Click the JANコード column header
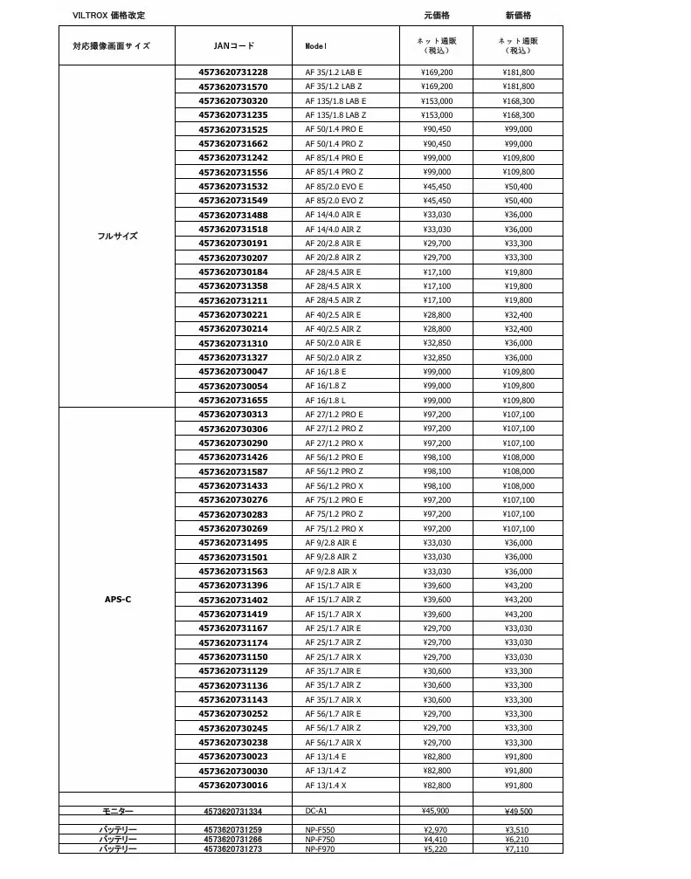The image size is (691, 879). [x=233, y=46]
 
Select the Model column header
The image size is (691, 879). [x=315, y=46]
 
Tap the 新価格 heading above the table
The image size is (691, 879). [x=518, y=16]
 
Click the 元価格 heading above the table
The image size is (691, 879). [x=436, y=16]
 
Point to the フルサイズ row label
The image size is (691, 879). [x=117, y=236]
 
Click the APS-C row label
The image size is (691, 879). [x=117, y=600]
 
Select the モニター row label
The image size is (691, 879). [x=117, y=812]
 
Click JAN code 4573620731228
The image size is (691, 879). [x=233, y=72]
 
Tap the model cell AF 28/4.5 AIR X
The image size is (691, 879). [x=333, y=286]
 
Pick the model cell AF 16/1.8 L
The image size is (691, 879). [x=326, y=401]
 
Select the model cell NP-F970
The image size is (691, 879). [x=320, y=848]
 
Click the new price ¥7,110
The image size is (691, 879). [x=518, y=848]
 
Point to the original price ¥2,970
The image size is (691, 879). [x=436, y=829]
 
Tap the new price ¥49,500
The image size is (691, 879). [x=518, y=812]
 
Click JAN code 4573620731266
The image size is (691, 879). [x=233, y=839]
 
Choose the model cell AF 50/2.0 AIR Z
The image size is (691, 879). [x=333, y=358]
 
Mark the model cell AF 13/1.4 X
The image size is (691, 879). [x=326, y=786]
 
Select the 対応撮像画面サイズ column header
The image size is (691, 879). [x=111, y=46]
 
